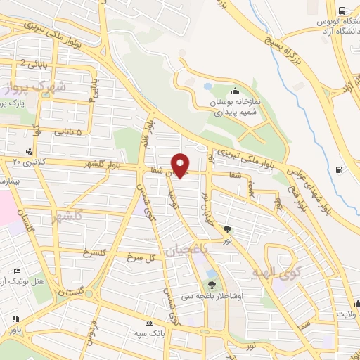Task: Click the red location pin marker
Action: [x=181, y=165]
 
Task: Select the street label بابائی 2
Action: [x=33, y=63]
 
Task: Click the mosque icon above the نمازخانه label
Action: [x=234, y=91]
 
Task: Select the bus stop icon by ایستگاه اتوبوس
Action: [x=342, y=11]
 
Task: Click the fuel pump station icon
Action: [x=341, y=169]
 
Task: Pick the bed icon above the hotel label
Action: [x=18, y=271]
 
